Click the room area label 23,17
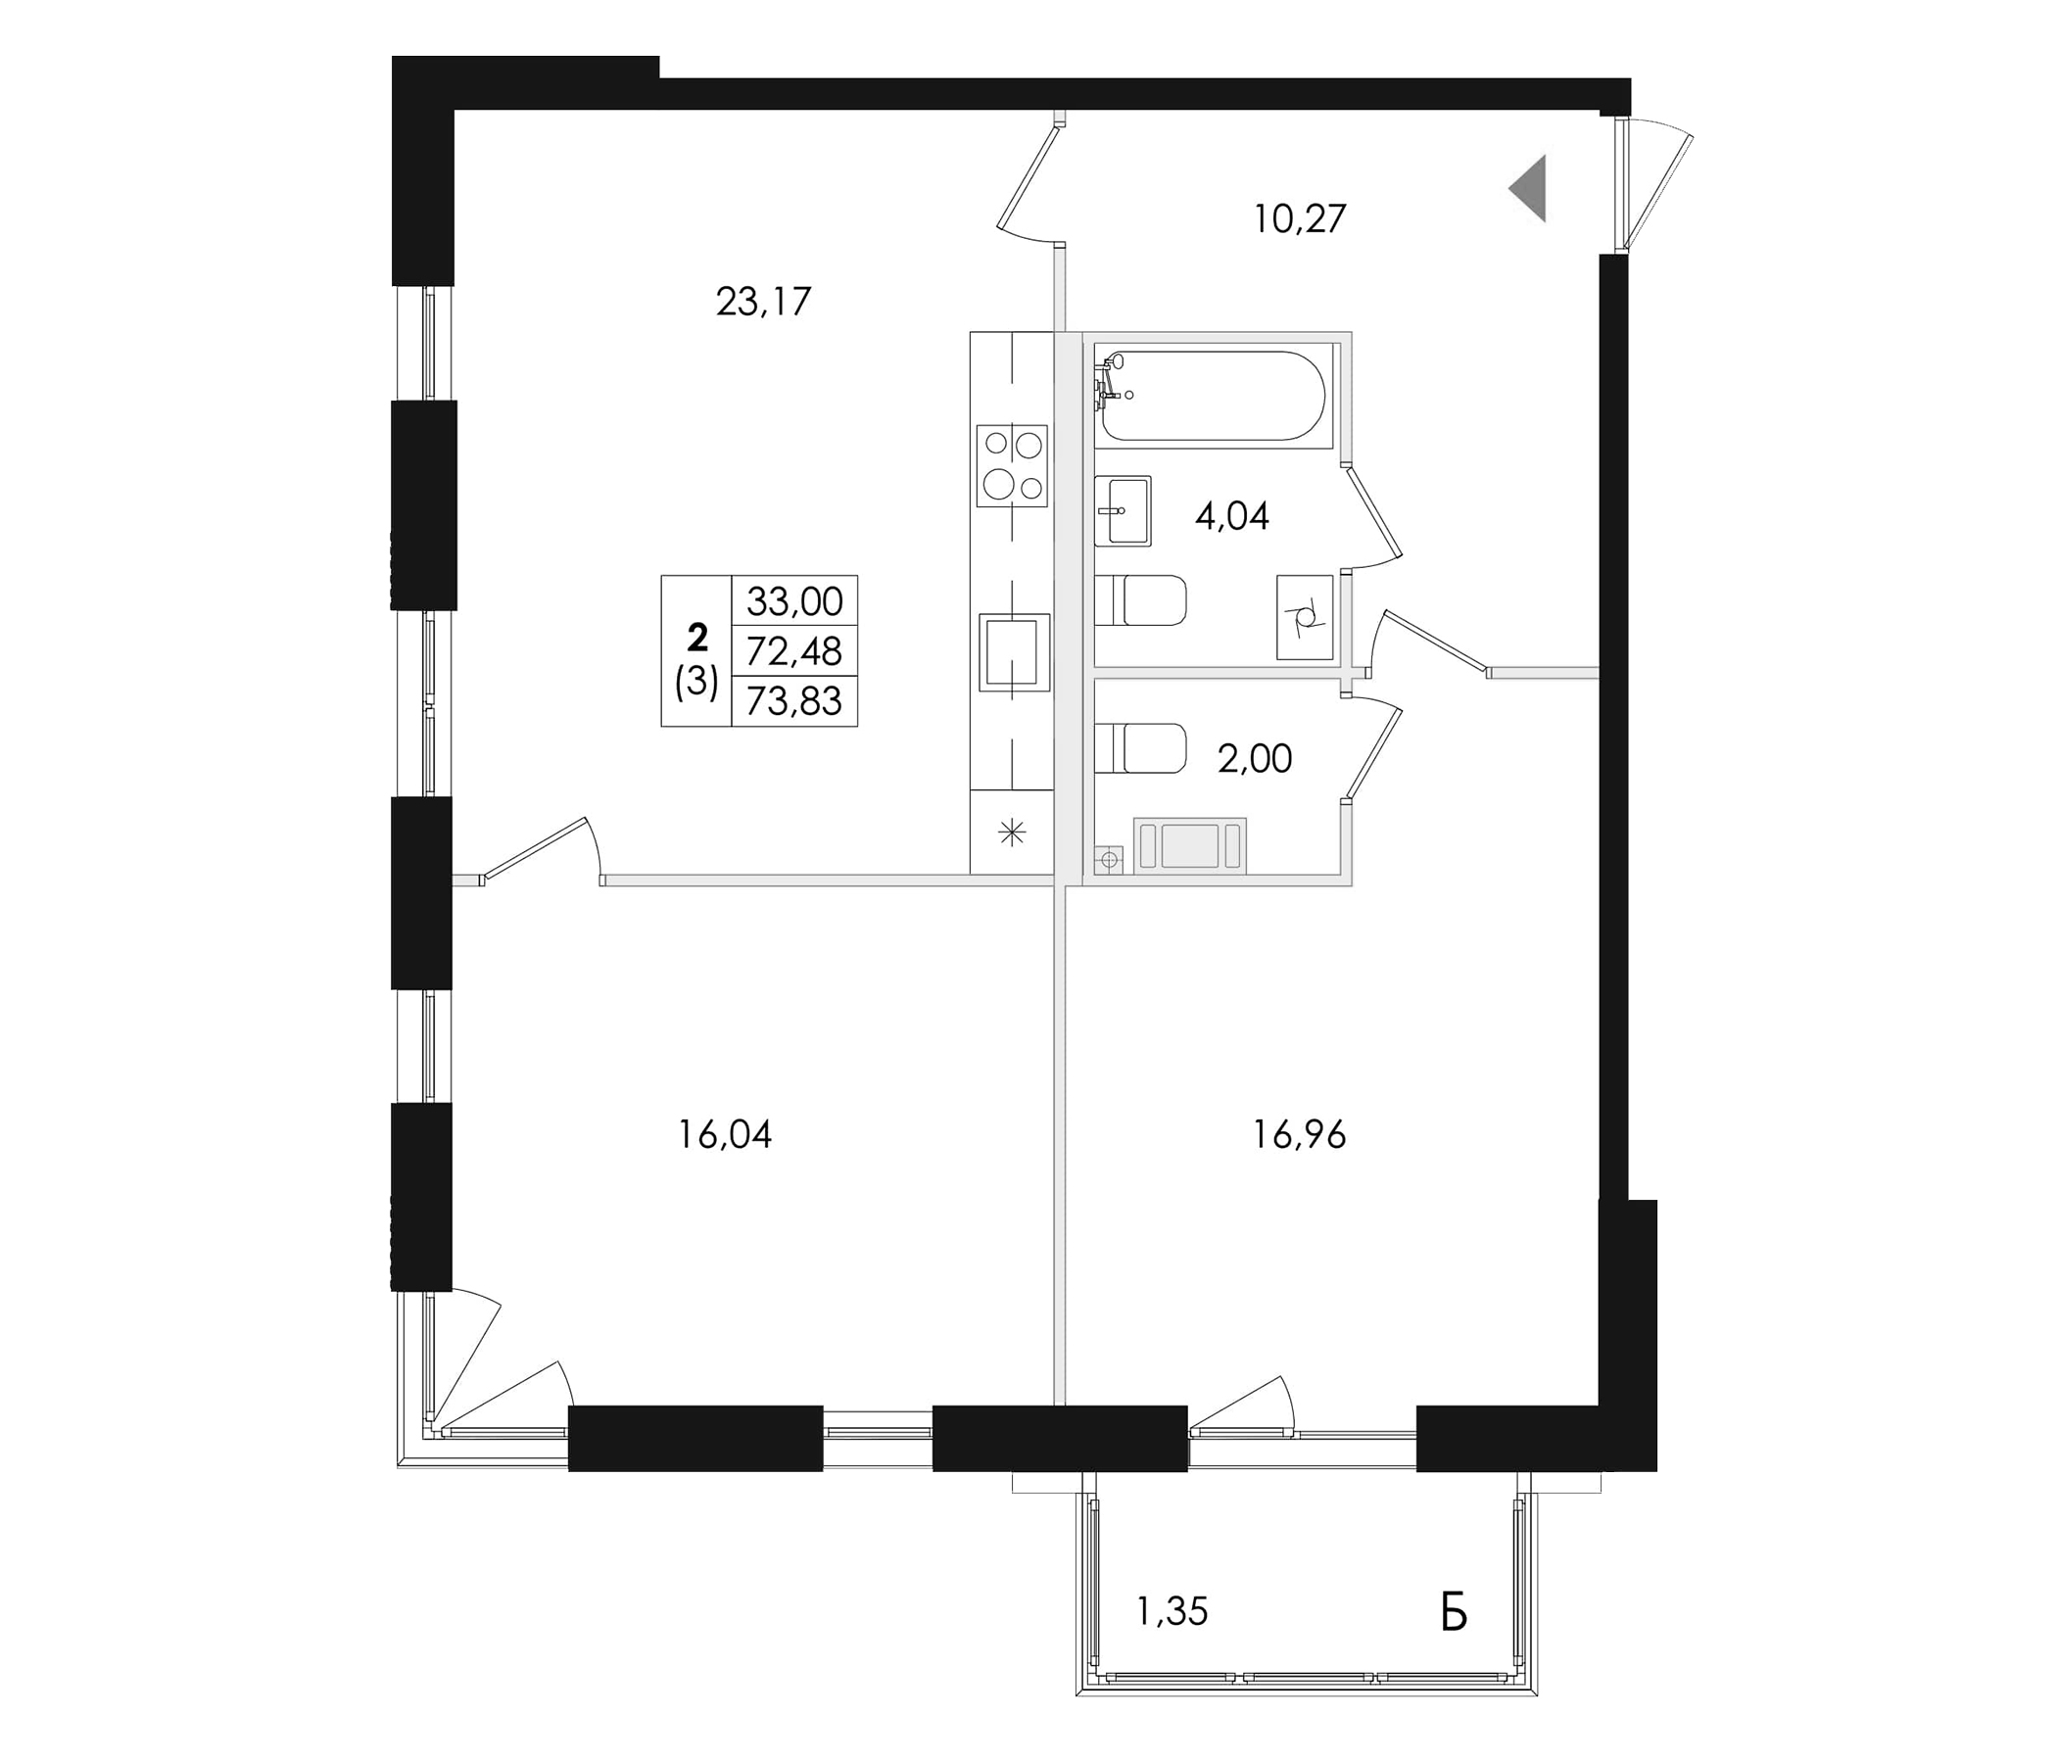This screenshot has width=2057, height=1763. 763,301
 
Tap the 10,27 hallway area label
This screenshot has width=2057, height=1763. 1300,218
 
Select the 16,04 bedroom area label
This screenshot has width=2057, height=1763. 725,1133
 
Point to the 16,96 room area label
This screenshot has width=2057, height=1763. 1300,1133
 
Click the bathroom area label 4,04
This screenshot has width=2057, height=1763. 1232,516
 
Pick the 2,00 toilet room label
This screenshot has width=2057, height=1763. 1255,758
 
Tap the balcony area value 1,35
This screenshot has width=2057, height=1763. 1172,1611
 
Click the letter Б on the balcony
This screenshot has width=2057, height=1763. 1454,1613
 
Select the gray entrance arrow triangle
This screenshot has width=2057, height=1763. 1530,189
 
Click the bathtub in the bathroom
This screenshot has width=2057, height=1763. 1214,395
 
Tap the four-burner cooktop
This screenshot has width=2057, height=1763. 1012,465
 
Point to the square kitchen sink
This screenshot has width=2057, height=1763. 1014,652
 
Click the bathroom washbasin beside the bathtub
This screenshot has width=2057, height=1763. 1123,510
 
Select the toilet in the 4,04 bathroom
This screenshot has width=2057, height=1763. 1141,600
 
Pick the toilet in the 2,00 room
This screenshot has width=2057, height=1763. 1141,748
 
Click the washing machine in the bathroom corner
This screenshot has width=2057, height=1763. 1305,616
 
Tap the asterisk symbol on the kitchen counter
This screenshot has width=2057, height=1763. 1012,833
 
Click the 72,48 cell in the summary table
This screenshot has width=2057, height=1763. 794,651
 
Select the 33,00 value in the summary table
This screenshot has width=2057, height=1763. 794,600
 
